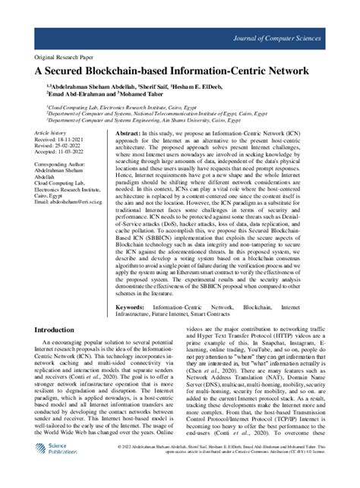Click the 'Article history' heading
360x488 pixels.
point(51,132)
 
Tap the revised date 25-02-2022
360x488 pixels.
point(65,146)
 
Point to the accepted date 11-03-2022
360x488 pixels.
point(67,153)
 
